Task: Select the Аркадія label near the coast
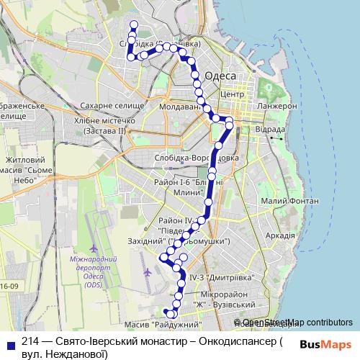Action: pyautogui.click(x=279, y=235)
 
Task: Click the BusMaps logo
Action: pyautogui.click(x=326, y=344)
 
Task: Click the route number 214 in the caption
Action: pyautogui.click(x=30, y=342)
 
